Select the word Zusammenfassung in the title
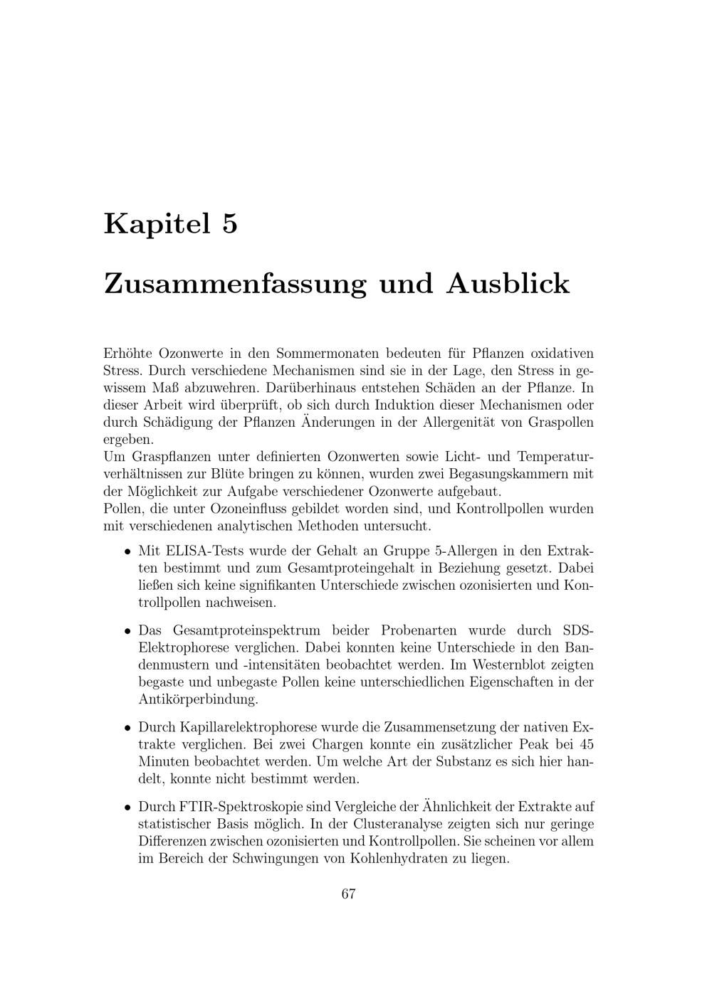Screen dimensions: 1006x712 (234, 283)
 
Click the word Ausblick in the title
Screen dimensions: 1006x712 (508, 283)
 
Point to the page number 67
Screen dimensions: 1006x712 (348, 894)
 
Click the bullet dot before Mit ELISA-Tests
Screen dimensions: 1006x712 (127, 551)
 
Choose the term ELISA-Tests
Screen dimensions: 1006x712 (206, 551)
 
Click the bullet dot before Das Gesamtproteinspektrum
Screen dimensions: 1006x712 (127, 630)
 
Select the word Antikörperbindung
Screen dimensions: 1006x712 (197, 699)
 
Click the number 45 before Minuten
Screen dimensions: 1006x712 (586, 745)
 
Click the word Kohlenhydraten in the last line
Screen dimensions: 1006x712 (402, 859)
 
